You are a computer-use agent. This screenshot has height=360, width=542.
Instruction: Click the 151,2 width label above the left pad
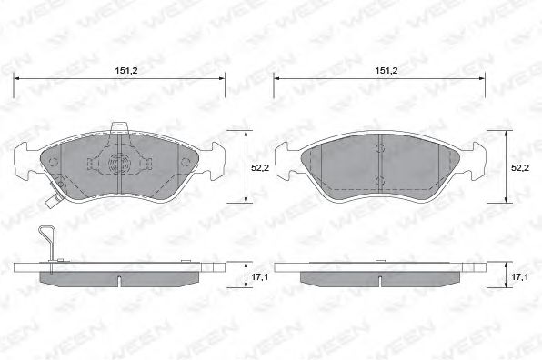(121, 68)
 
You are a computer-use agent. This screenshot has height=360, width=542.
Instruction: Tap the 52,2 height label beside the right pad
(519, 168)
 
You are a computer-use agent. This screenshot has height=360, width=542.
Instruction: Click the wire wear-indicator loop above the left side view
(51, 245)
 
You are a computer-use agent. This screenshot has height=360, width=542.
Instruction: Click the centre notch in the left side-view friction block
(120, 274)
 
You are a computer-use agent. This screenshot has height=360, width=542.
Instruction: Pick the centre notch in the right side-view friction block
(378, 274)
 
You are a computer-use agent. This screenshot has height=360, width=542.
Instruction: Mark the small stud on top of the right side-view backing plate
(378, 260)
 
